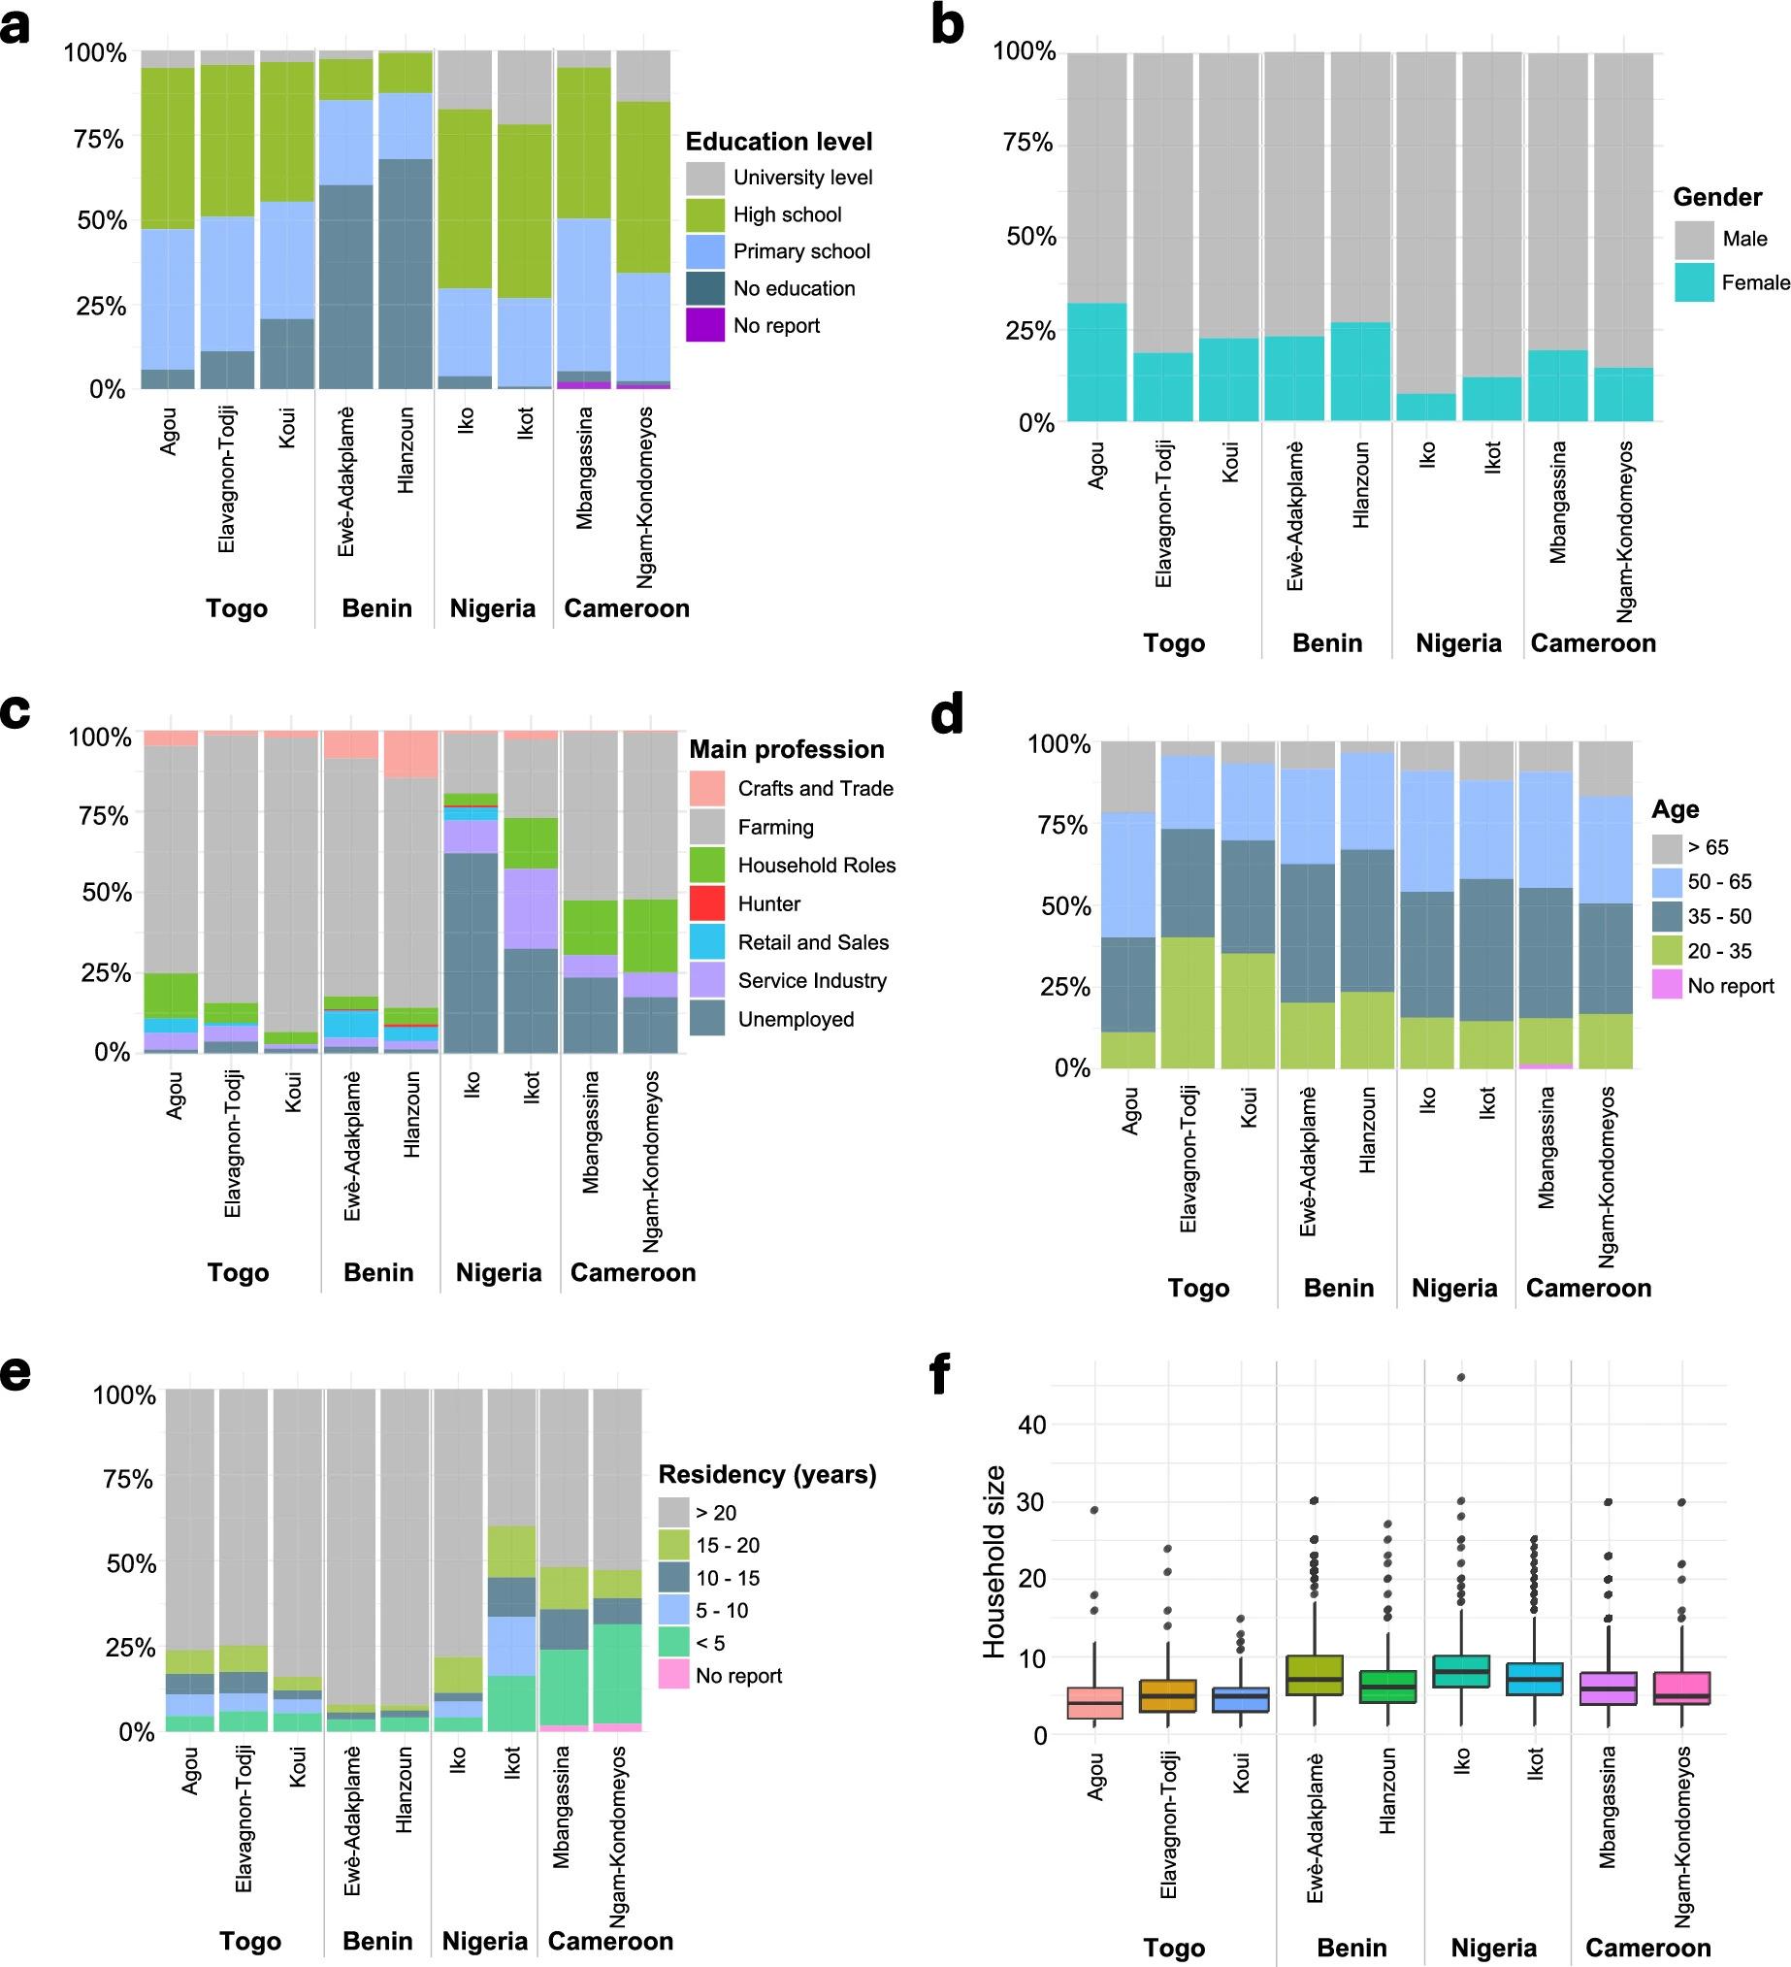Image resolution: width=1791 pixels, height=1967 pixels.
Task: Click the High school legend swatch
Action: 704,214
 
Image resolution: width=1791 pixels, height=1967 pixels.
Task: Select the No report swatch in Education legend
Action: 704,326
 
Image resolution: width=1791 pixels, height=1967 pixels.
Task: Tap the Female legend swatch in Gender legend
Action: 1693,283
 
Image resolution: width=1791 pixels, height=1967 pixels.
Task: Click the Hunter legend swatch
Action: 707,903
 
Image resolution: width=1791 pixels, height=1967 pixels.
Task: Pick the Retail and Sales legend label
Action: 813,942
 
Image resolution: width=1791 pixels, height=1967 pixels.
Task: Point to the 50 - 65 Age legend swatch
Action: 1666,882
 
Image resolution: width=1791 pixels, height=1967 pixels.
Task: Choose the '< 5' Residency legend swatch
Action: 674,1643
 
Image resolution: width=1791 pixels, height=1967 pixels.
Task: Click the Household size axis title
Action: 993,1560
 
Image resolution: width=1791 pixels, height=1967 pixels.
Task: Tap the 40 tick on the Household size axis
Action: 1032,1425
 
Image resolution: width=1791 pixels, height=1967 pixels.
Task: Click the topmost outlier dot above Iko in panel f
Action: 1460,1378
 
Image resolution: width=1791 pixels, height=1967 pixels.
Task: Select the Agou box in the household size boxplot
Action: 1094,1703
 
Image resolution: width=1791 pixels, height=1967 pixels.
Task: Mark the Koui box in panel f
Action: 1241,1700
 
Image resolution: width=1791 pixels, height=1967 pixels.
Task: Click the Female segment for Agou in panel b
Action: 1096,362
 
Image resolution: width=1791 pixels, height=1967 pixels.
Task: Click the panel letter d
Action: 946,715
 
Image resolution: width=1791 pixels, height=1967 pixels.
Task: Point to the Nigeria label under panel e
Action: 485,1942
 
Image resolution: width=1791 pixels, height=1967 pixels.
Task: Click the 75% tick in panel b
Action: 1028,144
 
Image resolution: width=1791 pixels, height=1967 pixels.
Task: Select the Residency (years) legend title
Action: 766,1474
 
